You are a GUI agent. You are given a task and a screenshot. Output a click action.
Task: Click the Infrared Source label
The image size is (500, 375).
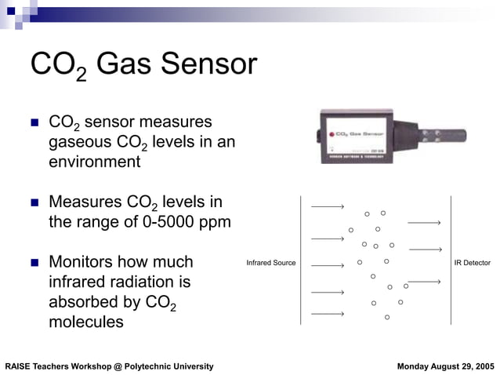coord(270,263)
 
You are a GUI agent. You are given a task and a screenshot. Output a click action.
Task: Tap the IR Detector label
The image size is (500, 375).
coord(472,263)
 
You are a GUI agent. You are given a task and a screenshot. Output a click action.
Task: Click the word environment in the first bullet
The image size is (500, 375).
coord(95,162)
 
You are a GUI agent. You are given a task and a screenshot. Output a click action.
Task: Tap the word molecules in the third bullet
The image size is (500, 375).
coord(86,322)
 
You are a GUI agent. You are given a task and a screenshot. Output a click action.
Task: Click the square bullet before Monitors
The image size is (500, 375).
coord(34,262)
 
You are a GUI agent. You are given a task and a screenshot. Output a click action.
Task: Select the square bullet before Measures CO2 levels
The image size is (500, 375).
coord(34,202)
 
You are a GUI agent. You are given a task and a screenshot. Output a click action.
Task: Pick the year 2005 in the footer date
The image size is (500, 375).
coord(483,366)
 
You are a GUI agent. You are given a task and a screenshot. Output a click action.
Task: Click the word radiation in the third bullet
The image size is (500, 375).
coord(147,281)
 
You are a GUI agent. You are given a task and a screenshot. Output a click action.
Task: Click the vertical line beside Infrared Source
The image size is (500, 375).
coord(301,260)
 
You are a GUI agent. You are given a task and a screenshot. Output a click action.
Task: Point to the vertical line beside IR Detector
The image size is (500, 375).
coord(450,260)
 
